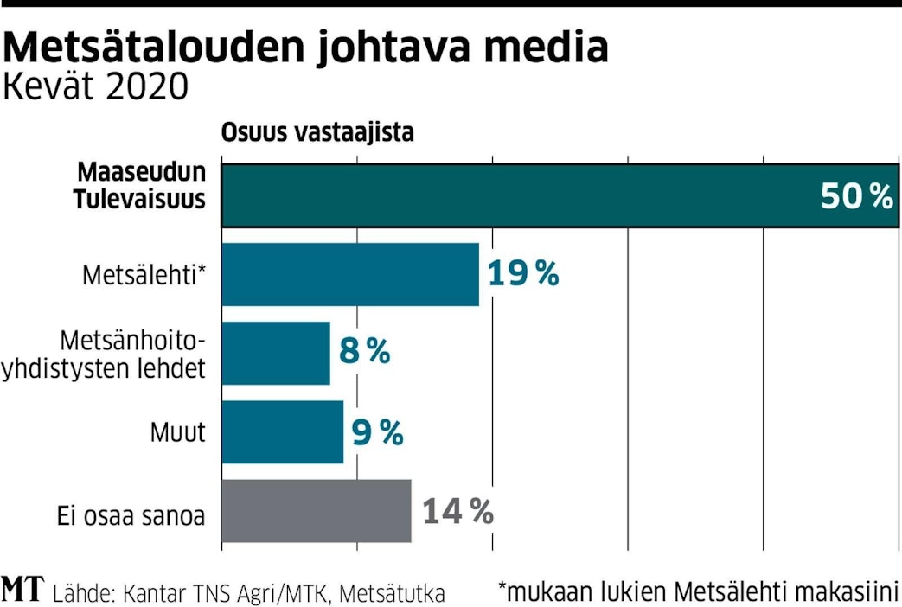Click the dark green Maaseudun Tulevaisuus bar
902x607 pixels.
coord(519,195)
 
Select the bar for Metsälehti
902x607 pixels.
coord(350,274)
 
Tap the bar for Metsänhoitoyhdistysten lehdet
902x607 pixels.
coord(276,353)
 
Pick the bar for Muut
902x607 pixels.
coord(283,431)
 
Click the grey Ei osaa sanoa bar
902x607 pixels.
coord(317,511)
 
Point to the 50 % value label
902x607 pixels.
coord(856,197)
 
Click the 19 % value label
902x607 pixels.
coord(523,274)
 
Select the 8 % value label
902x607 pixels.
coord(364,352)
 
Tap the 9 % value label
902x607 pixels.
coord(378,431)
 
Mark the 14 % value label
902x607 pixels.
coord(457,512)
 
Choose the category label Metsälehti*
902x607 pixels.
coord(144,276)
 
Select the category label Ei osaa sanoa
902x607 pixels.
coord(126,517)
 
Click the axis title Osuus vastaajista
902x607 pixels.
coord(317,133)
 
